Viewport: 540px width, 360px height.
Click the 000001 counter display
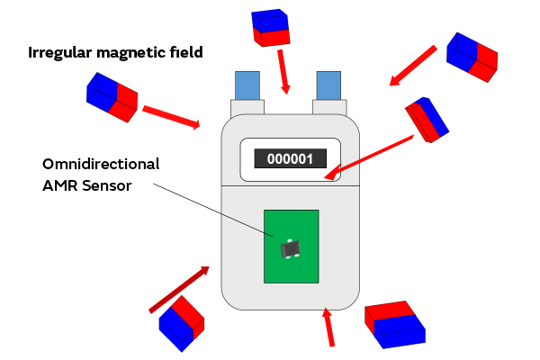290,159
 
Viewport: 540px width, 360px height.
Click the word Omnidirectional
101,165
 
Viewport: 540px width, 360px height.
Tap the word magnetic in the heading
134,52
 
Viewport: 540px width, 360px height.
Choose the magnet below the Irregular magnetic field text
112,97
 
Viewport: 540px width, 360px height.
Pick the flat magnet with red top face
394,325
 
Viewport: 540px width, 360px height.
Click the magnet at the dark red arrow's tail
181,323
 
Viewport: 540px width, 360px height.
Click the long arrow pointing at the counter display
371,153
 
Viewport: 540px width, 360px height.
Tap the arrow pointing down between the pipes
284,72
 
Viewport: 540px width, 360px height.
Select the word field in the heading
186,52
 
